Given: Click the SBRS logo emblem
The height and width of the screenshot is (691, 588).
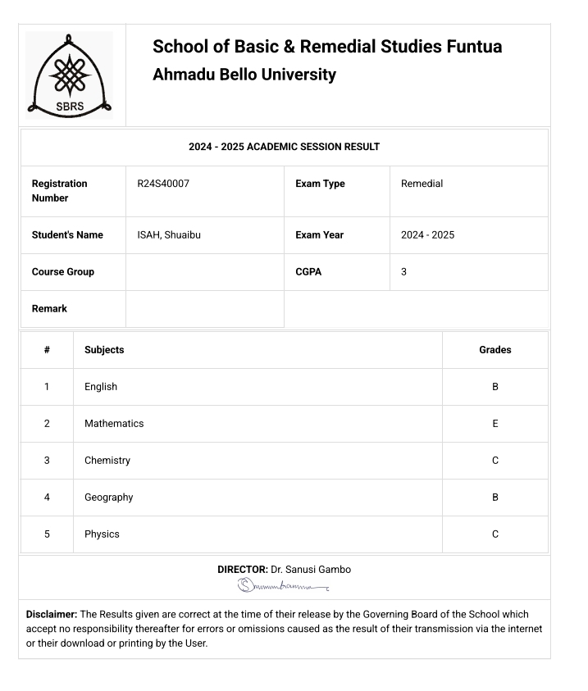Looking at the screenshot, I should [x=70, y=75].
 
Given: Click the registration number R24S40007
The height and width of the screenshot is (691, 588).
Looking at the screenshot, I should [x=163, y=184].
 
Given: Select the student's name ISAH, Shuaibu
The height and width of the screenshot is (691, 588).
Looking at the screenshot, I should [x=169, y=235].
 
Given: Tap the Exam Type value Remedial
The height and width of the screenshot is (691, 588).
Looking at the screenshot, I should [x=422, y=184].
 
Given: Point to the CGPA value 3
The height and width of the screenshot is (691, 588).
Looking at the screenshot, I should [x=403, y=272].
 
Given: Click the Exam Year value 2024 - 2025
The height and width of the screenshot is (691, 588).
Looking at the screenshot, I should [x=427, y=235].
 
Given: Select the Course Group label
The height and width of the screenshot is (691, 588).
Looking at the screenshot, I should [x=63, y=272].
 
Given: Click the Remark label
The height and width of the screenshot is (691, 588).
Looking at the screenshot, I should [x=49, y=309].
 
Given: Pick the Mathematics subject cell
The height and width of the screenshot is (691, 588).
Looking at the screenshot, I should [x=114, y=424].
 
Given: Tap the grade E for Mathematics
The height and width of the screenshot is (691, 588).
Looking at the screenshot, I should [x=495, y=424].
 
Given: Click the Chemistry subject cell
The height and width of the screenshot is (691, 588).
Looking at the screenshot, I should [x=107, y=461].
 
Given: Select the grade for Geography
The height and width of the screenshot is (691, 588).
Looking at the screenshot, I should [x=495, y=498].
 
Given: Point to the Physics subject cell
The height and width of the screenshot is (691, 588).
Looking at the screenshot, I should [x=102, y=534].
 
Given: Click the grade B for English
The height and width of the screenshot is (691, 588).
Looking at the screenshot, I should [x=495, y=387].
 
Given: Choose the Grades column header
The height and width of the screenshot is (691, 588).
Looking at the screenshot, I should [x=495, y=350].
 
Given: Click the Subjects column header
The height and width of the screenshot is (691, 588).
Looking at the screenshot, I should [x=104, y=350].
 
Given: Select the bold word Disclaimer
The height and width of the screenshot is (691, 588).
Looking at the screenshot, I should [x=52, y=614].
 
